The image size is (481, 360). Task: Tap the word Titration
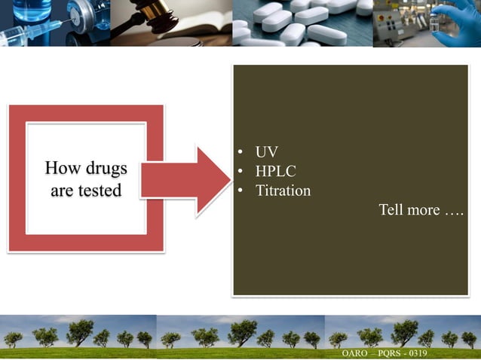pos(283,191)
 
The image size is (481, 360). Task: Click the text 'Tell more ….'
pos(420,209)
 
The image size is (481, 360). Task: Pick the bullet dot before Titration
pos(239,191)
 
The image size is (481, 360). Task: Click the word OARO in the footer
pos(355,354)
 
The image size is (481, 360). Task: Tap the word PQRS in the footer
pos(391,354)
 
